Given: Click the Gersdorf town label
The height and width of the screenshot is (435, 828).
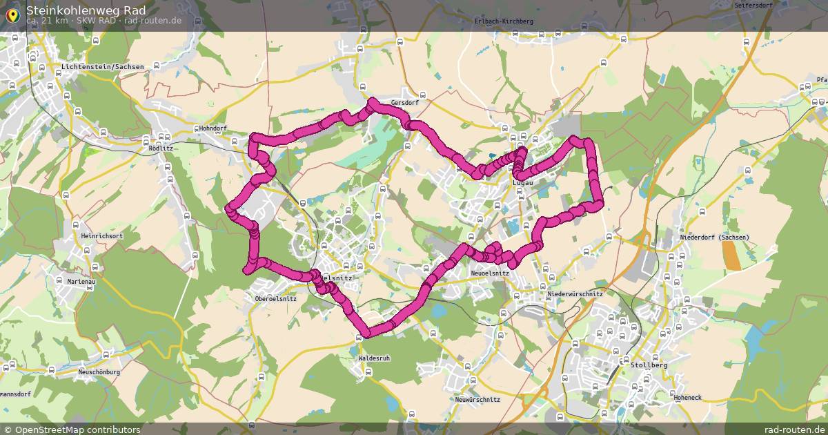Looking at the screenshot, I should coord(404,103).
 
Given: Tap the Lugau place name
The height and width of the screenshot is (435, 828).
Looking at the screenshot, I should coord(523,182).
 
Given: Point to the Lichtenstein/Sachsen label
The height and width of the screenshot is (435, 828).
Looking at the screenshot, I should coord(102,67).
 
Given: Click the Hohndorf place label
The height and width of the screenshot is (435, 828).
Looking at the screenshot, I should coord(212,128).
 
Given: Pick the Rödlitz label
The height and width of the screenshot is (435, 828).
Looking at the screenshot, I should coord(161,148).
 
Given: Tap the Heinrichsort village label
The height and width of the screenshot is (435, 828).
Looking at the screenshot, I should coord(101,236).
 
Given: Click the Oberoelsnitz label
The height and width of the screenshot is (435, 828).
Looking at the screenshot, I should coord(275,299).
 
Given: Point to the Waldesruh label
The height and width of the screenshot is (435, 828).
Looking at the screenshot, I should coord(374,358).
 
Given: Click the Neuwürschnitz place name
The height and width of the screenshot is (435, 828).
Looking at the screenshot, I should coord(477,400).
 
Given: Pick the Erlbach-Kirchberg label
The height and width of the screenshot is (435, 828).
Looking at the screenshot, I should coord(504,21).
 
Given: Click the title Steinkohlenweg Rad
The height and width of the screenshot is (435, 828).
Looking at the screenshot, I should coord(86,10).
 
